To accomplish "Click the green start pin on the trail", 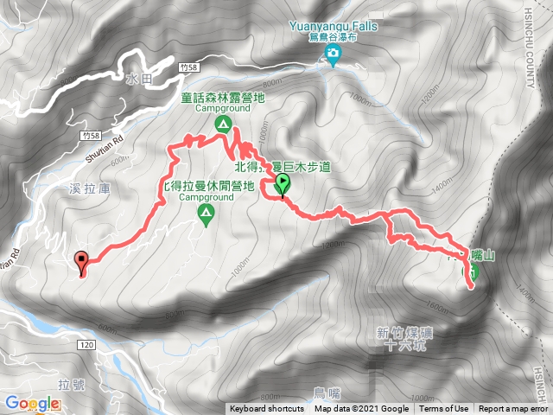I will tap(283, 184).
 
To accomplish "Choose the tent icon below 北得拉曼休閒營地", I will tap(206, 214).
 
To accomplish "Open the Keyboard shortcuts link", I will tap(267, 409).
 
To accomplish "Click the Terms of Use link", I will tap(444, 409).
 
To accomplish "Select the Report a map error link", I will tap(514, 409).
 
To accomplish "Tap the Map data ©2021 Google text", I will tap(361, 409).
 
